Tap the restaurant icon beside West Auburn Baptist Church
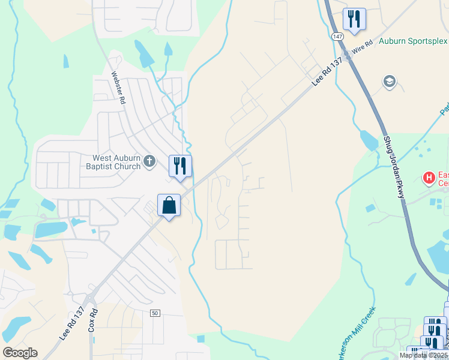tap(180, 166)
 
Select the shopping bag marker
tap(169, 205)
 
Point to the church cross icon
tap(150, 161)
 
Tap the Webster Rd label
tap(118, 88)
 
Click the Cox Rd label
tap(93, 322)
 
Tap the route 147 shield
tap(337, 37)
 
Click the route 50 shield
tap(155, 313)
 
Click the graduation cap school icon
tap(390, 81)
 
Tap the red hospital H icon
tap(429, 178)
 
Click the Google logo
tap(20, 353)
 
